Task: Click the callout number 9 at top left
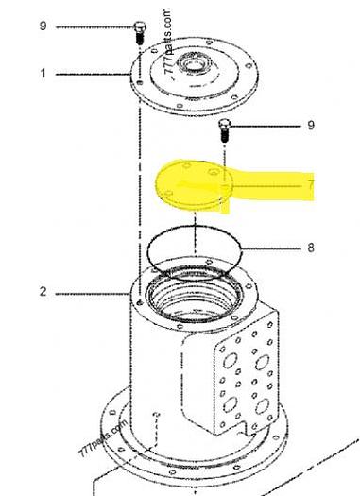click(43, 26)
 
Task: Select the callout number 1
click(43, 73)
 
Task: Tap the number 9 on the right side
click(311, 125)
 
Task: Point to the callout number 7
click(310, 186)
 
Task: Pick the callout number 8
click(310, 248)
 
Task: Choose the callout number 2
click(43, 292)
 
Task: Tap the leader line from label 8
click(274, 248)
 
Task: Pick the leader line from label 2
click(90, 292)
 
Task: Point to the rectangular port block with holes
click(244, 374)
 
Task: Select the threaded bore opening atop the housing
click(194, 288)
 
